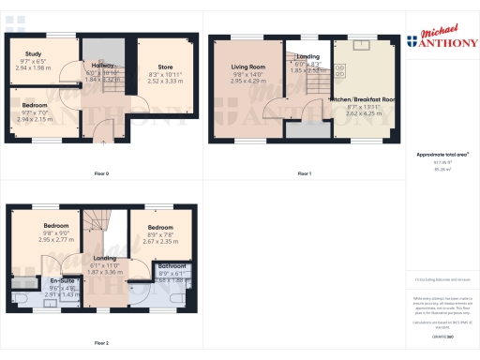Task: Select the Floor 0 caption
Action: click(x=101, y=174)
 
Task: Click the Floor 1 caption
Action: click(x=304, y=174)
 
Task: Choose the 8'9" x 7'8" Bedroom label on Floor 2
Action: click(x=159, y=228)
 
